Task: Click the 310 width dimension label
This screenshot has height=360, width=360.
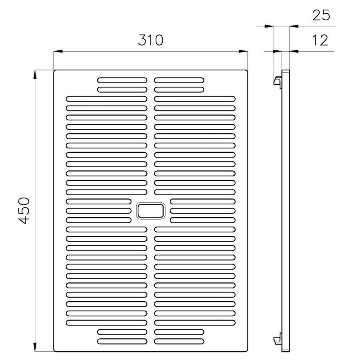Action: (x=151, y=40)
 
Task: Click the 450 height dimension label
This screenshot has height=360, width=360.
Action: (x=24, y=210)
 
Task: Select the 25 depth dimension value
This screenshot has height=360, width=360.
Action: (x=321, y=15)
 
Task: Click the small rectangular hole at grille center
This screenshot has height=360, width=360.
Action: (x=151, y=210)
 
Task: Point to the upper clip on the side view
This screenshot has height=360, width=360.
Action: (x=277, y=82)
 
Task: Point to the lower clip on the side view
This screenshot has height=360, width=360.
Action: (x=277, y=338)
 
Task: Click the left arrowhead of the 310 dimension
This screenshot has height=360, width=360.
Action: (x=58, y=51)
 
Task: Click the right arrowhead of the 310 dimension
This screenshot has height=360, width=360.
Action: (x=243, y=51)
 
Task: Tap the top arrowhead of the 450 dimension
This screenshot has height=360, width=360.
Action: (x=35, y=75)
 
